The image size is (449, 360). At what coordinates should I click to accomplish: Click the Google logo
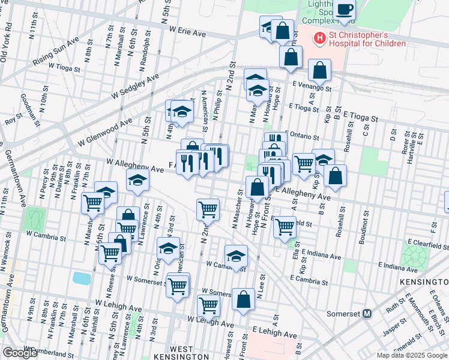coord(20,353)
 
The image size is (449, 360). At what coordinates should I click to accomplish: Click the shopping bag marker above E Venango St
coord(319,71)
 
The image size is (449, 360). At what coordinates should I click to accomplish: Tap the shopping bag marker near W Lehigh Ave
coord(243,300)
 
